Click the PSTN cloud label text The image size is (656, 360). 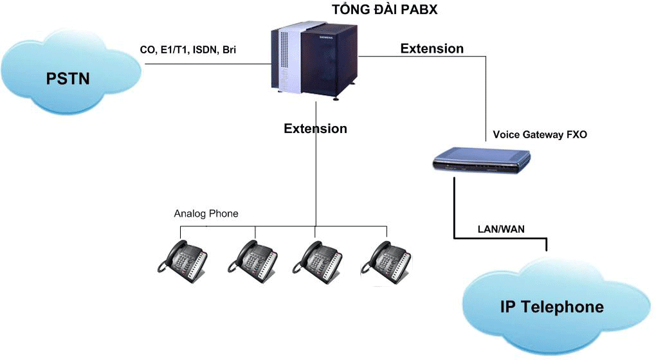click(68, 78)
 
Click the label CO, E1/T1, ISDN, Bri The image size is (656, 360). click(188, 50)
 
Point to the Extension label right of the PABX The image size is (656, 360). click(432, 48)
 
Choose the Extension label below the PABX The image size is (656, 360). click(315, 129)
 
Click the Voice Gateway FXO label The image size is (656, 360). click(540, 135)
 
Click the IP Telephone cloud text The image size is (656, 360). click(552, 307)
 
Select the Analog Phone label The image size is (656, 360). click(206, 213)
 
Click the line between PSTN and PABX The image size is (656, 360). click(206, 64)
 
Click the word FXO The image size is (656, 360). click(575, 135)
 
